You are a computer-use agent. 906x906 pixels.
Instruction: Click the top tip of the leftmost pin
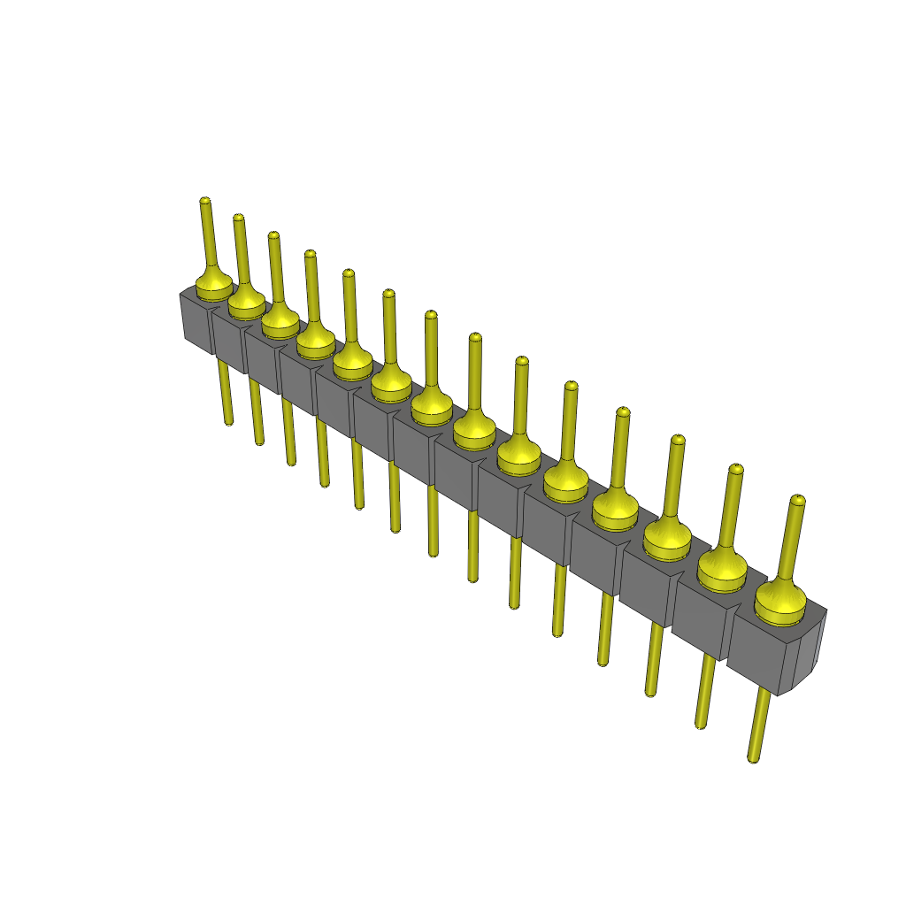pyautogui.click(x=205, y=202)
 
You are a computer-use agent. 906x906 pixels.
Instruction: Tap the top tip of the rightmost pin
pyautogui.click(x=797, y=501)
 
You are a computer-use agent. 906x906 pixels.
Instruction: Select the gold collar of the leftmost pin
pyautogui.click(x=213, y=285)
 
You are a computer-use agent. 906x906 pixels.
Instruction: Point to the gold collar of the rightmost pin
pyautogui.click(x=779, y=599)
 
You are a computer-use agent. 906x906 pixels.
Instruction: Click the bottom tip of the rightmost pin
pyautogui.click(x=753, y=757)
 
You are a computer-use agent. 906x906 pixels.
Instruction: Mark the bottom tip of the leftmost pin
pyautogui.click(x=230, y=423)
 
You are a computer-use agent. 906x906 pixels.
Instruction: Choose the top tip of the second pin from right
pyautogui.click(x=733, y=469)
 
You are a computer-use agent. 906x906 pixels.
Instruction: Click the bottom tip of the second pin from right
pyautogui.click(x=701, y=724)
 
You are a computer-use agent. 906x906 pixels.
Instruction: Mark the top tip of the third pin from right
pyautogui.click(x=678, y=440)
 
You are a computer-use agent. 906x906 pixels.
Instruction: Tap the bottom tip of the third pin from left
pyautogui.click(x=291, y=461)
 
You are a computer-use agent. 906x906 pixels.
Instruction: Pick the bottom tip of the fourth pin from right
pyautogui.click(x=603, y=661)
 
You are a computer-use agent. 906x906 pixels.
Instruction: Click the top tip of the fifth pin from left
pyautogui.click(x=348, y=273)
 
